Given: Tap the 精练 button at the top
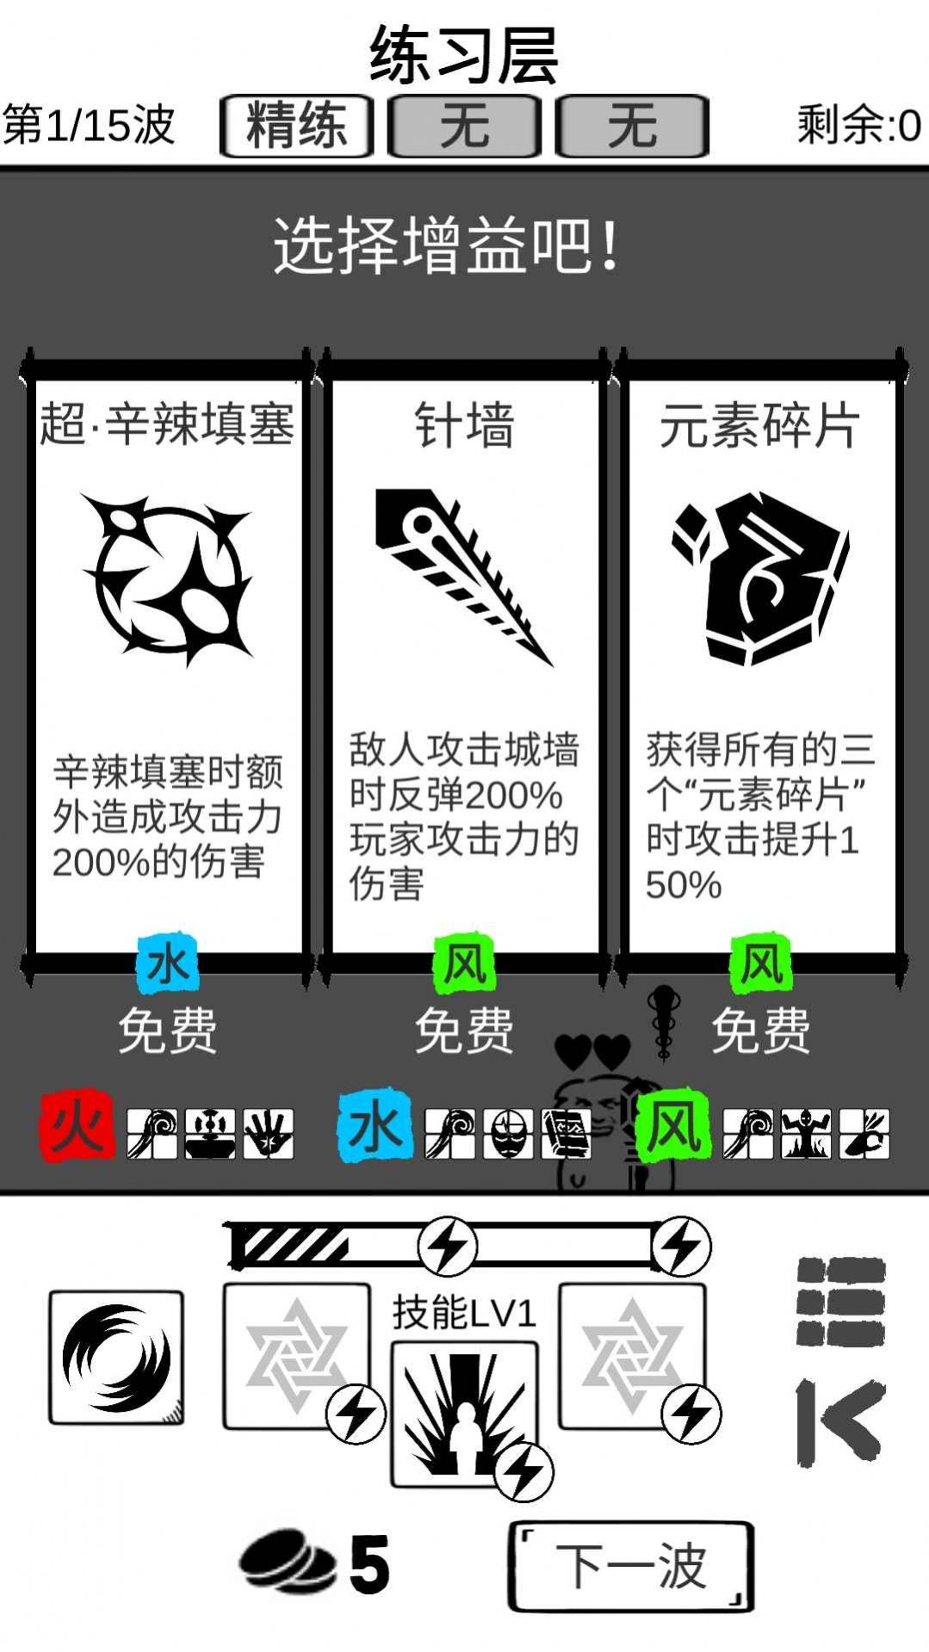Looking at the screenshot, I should (296, 126).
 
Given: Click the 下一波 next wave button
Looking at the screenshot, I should (630, 1565).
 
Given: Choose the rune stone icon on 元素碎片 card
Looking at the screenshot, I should (761, 577).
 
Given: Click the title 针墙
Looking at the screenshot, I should (464, 425).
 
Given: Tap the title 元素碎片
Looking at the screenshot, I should (760, 425).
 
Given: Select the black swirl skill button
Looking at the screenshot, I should (116, 1357).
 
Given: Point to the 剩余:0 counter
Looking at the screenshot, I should (858, 126).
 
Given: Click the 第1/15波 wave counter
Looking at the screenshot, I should (90, 126).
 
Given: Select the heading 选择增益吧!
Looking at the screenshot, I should (447, 246).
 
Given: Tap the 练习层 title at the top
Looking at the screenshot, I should (464, 55).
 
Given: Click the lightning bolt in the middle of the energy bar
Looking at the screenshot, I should (447, 1246).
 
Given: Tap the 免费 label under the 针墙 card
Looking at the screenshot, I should (464, 1030).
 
